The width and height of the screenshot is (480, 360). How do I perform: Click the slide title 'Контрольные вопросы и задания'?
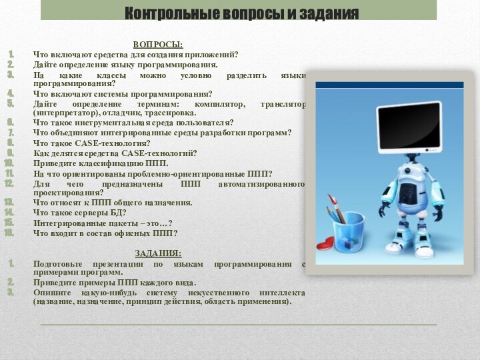(241, 13)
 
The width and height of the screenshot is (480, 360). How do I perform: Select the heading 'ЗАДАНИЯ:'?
(158, 253)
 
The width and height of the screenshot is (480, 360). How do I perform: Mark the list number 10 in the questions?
(9, 163)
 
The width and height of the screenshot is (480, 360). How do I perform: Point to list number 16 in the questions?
(9, 233)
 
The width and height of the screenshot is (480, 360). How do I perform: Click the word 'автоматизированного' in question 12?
(267, 183)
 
